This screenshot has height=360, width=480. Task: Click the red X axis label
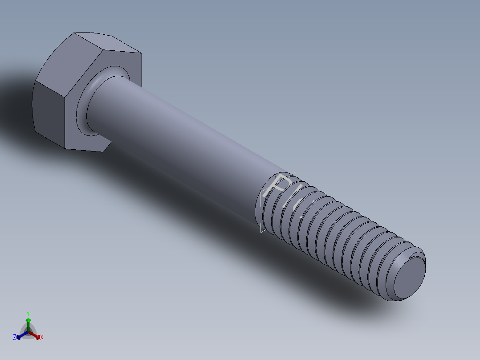42,338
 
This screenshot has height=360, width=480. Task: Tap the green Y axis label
28,313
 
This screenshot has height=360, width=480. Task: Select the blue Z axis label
15,337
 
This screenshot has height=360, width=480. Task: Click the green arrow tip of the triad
28,320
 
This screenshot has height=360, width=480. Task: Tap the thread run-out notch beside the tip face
416,255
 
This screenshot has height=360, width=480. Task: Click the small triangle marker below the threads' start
263,230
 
